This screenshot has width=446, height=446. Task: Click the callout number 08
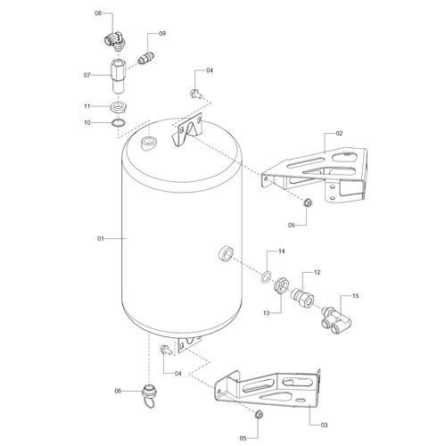coord(98,13)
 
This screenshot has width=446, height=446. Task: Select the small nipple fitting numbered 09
coord(145,57)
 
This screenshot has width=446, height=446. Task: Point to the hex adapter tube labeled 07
coord(119,77)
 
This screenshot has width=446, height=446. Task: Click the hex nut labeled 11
coord(119,106)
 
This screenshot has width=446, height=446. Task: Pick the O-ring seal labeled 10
coord(119,122)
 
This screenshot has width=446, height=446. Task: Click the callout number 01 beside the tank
coord(101,238)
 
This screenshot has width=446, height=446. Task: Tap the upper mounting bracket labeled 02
coord(315,174)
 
